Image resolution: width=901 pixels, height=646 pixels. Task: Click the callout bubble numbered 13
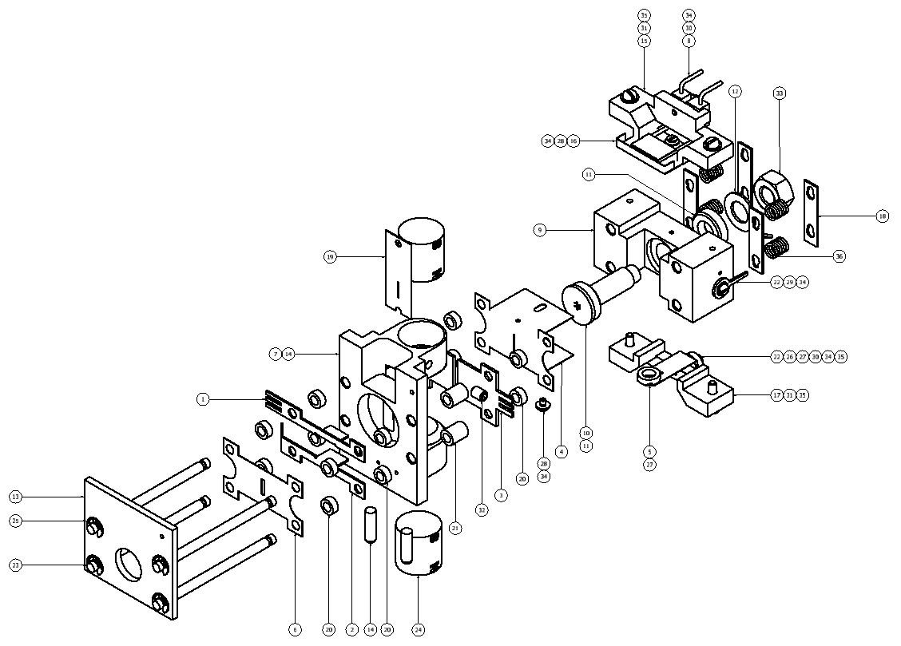15,497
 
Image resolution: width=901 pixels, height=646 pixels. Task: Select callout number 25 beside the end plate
15,521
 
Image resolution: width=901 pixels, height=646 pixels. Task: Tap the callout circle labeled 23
15,565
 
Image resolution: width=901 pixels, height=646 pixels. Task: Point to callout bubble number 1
204,398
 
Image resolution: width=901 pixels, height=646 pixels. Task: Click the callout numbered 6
296,630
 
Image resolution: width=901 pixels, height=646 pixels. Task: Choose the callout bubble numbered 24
419,630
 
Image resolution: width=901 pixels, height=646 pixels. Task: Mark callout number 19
330,256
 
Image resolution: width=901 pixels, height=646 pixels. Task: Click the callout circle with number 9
541,230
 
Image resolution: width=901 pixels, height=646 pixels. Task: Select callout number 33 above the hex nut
780,93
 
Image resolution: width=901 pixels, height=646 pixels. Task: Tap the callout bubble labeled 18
883,216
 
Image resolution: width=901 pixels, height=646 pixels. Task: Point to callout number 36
839,256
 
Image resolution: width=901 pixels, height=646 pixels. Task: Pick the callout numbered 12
735,93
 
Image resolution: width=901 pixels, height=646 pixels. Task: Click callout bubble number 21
455,528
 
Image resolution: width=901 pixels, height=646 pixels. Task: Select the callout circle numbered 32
482,509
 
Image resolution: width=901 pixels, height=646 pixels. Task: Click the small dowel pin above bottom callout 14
370,525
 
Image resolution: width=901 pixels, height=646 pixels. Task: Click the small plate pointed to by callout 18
811,211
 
